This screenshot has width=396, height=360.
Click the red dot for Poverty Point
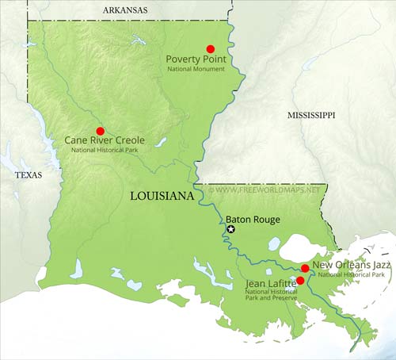pyautogui.click(x=210, y=48)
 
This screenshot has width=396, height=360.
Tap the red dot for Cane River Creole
pyautogui.click(x=100, y=131)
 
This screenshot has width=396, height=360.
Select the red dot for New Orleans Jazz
pyautogui.click(x=305, y=269)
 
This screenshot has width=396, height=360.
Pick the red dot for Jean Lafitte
pyautogui.click(x=299, y=280)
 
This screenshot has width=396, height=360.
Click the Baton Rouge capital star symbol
pyautogui.click(x=231, y=229)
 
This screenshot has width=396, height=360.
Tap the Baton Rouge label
pyautogui.click(x=253, y=220)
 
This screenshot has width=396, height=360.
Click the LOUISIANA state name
pyautogui.click(x=162, y=195)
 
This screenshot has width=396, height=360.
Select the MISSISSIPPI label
pyautogui.click(x=310, y=115)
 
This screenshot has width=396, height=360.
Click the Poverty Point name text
pyautogui.click(x=196, y=59)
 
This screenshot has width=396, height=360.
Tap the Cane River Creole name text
pyautogui.click(x=104, y=141)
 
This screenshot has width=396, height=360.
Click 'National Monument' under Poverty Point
pyautogui.click(x=196, y=70)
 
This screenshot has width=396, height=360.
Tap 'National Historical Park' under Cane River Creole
pyautogui.click(x=104, y=151)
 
